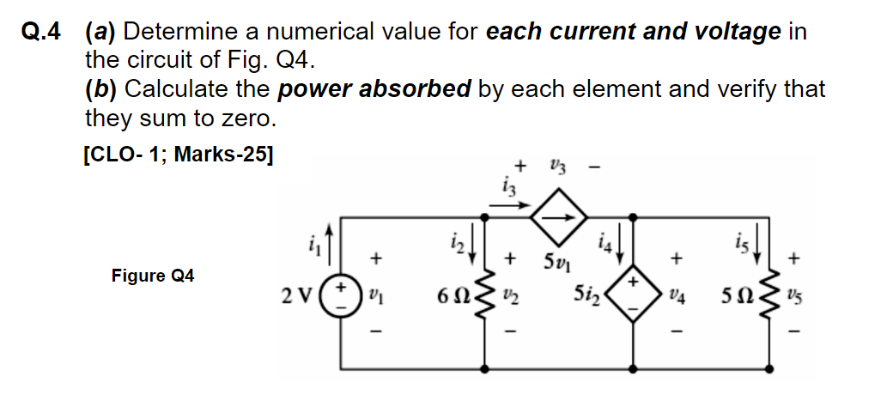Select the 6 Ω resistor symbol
click(486, 296)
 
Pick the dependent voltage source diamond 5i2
click(634, 296)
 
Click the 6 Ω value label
click(452, 297)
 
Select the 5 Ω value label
click(734, 297)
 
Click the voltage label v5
click(797, 297)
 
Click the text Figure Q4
click(153, 276)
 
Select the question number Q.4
click(41, 33)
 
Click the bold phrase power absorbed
click(374, 88)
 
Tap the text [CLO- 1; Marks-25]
click(179, 156)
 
